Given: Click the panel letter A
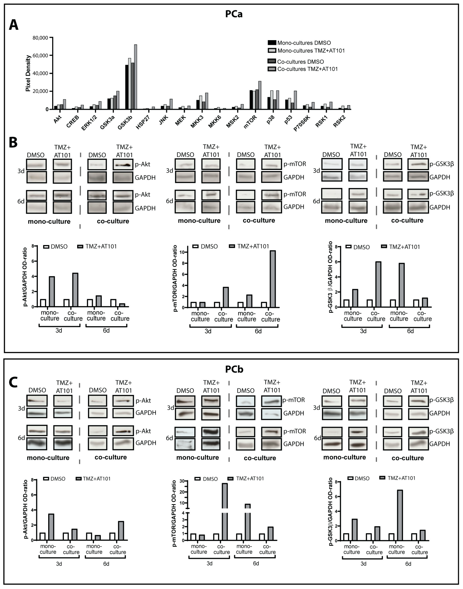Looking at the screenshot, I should coord(14,25).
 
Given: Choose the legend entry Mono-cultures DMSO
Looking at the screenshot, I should coord(304,43).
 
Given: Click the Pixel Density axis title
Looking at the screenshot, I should coord(28,73).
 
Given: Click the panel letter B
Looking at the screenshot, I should coord(13,142).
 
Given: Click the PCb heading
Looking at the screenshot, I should coord(234,369).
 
